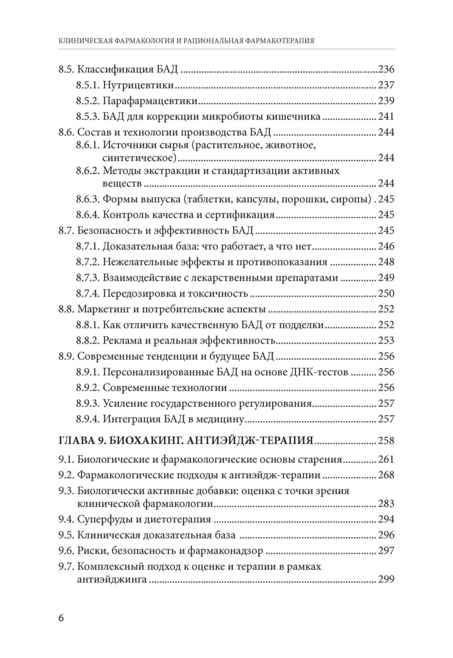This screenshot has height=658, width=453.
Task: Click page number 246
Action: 386,246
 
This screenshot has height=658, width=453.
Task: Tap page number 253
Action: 386,340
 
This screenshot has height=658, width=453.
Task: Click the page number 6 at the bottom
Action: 61,618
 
